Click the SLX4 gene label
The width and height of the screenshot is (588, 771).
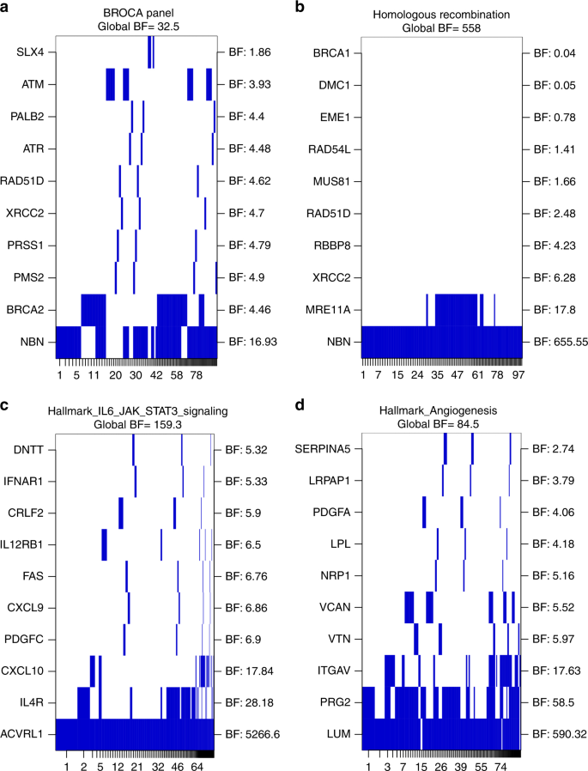click(x=31, y=53)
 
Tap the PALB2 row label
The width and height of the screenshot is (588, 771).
click(x=27, y=117)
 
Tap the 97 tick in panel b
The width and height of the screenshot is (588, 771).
click(x=515, y=375)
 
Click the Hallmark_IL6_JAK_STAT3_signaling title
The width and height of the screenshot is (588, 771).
click(x=136, y=411)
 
